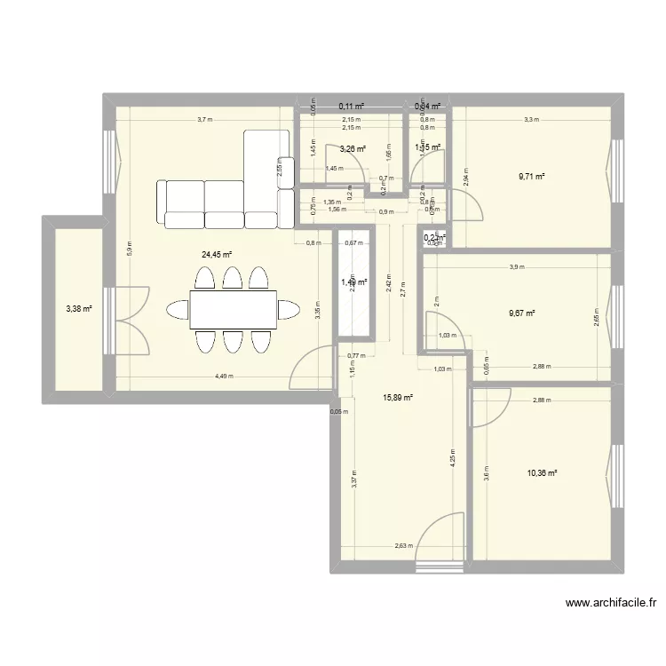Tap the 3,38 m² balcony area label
pos(77,309)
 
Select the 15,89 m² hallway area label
pos(397,398)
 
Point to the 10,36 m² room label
pos(542,473)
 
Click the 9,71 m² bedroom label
pos(531,177)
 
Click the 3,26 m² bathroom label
pos(353,149)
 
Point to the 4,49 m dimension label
pos(224,376)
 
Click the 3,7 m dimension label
pos(204,119)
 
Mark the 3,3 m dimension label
pos(530,119)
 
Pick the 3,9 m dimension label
pos(517,266)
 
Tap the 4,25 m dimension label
pos(452,461)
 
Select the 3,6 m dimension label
pos(486,474)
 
